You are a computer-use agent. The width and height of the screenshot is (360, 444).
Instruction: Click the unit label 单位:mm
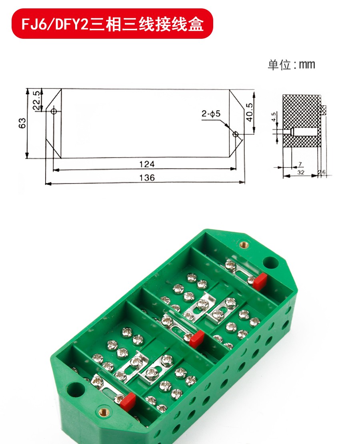(x=291, y=65)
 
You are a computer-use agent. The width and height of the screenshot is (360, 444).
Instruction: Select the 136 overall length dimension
(x=147, y=177)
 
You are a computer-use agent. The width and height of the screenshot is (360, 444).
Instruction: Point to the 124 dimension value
(x=146, y=164)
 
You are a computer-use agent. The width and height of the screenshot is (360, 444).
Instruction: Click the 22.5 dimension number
(x=36, y=100)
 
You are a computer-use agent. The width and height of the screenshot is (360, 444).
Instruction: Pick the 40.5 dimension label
(x=249, y=113)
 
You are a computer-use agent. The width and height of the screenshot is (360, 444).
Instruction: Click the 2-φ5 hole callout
(x=211, y=115)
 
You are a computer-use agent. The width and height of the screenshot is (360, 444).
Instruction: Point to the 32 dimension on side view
(x=301, y=173)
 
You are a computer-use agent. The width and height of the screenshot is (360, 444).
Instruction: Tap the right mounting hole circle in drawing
(x=236, y=134)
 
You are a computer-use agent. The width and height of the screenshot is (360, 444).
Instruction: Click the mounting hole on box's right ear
(x=271, y=262)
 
